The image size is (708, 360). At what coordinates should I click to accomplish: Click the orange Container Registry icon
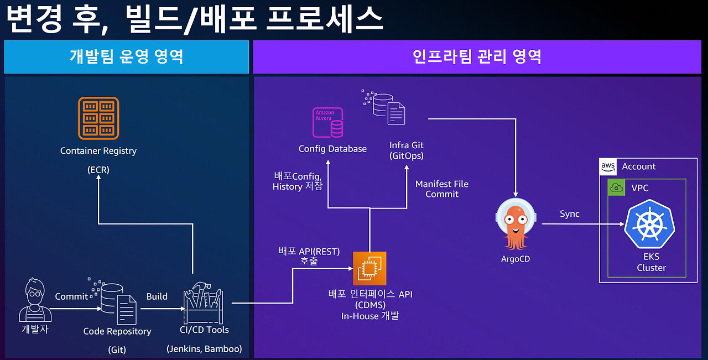tap(99, 118)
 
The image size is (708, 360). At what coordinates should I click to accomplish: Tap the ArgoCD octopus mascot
tap(516, 223)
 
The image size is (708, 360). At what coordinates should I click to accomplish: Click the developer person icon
tap(34, 301)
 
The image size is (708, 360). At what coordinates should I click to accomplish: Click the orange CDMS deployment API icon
tap(369, 269)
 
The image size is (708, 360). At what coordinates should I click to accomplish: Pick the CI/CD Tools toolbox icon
tap(202, 305)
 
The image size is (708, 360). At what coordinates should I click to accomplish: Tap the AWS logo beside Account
tap(608, 166)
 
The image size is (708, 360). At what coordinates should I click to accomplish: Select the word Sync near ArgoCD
tap(569, 214)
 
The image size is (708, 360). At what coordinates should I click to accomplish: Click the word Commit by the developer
tap(71, 296)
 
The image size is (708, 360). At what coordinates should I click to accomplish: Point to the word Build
tap(157, 296)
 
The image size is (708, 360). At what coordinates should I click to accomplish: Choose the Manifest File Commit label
tap(441, 189)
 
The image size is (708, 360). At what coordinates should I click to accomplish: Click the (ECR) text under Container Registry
tap(98, 170)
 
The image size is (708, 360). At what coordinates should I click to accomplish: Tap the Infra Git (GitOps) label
tap(406, 150)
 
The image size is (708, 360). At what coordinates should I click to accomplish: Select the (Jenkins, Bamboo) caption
tap(204, 349)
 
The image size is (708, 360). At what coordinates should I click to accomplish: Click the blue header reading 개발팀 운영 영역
tap(126, 56)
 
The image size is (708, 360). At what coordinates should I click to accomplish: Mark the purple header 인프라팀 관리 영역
tap(477, 56)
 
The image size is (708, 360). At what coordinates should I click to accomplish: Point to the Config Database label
tap(332, 149)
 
